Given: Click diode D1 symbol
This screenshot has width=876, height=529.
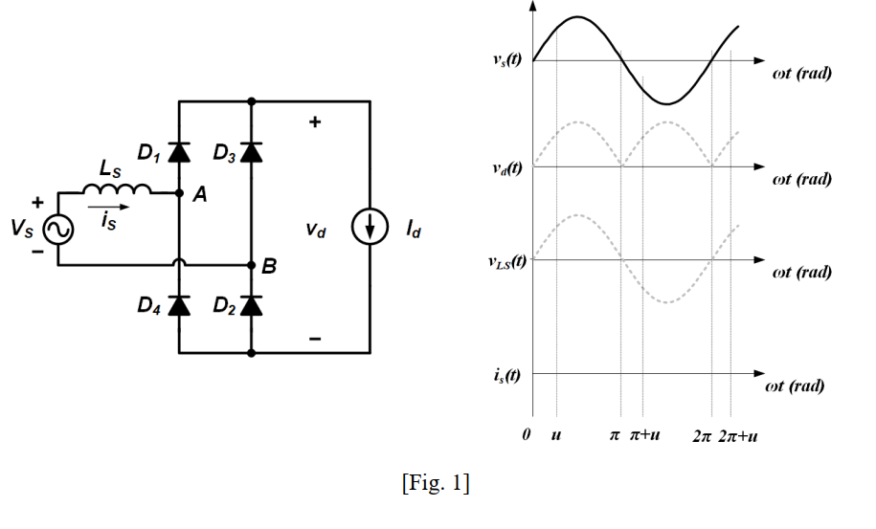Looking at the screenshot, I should (178, 150).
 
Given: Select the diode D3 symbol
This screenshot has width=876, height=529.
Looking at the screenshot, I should (251, 150).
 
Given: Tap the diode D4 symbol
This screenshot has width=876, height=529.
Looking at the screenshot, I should (178, 305).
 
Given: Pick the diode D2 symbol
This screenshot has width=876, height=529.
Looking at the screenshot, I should (251, 305).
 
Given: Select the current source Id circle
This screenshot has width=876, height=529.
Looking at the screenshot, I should (370, 230).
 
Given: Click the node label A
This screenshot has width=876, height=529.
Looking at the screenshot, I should (200, 195).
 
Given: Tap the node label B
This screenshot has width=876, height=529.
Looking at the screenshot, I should (269, 267).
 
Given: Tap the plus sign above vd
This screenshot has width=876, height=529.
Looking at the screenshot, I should (314, 123).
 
